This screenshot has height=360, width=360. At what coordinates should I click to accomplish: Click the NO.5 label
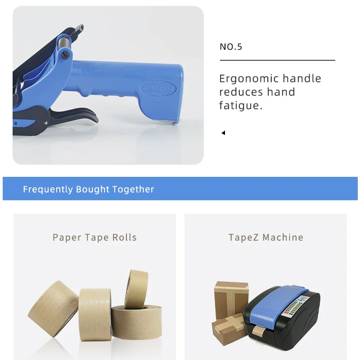(x=231, y=47)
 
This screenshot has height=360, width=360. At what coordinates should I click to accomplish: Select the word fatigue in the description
(x=240, y=106)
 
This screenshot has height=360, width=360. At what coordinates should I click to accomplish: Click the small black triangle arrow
(x=223, y=133)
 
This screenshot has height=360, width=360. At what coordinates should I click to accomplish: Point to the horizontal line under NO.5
(x=277, y=60)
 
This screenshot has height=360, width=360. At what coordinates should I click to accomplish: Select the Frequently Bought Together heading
(x=89, y=189)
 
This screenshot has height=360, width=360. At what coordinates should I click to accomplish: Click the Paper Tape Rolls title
(x=94, y=237)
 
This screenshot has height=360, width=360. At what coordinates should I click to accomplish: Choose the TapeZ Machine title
(x=265, y=237)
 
